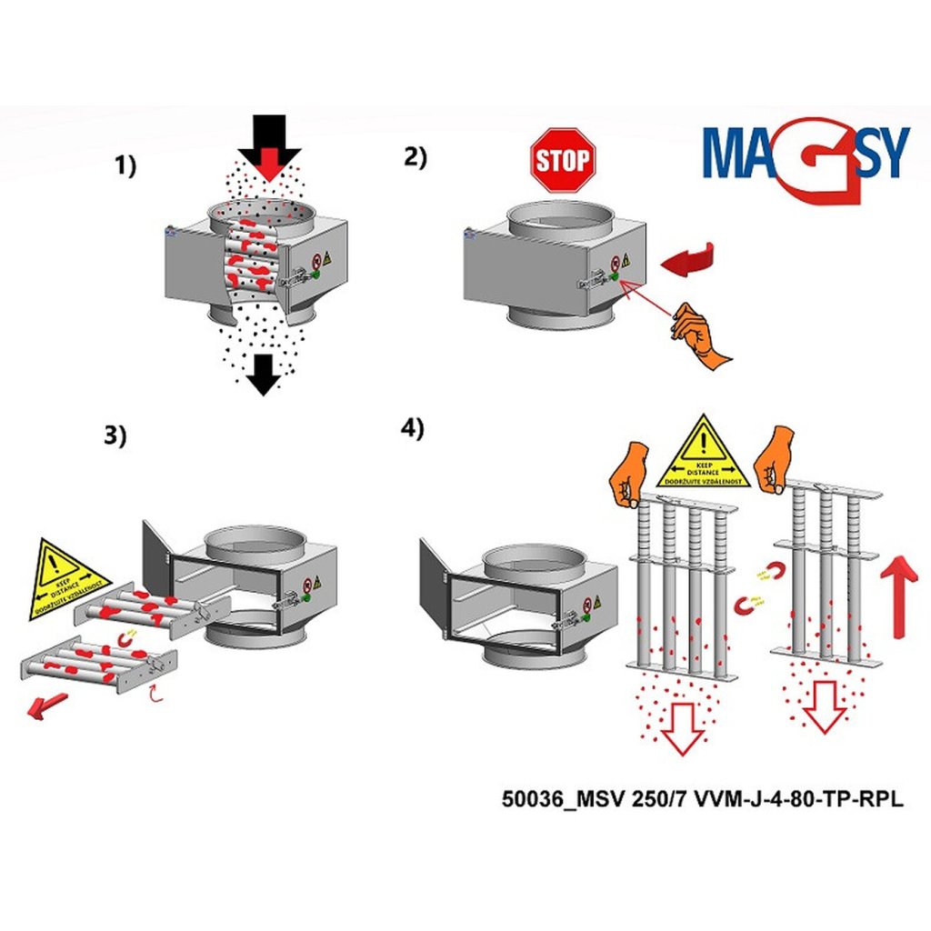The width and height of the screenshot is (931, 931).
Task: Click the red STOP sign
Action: [x=562, y=160]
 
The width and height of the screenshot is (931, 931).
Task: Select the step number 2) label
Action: [x=415, y=155]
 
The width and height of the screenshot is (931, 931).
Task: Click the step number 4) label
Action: [x=413, y=428]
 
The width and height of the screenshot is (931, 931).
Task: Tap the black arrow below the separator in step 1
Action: [x=264, y=374]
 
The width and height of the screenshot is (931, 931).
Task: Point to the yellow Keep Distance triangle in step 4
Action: [x=702, y=454]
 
